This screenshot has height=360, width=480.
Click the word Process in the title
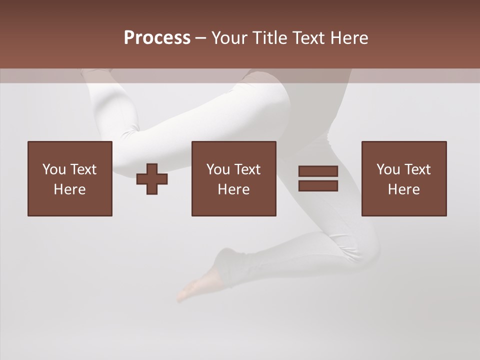point(157,38)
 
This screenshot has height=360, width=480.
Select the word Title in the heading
point(269,38)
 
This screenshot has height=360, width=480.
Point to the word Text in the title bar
point(309,38)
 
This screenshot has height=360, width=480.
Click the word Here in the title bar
point(350,38)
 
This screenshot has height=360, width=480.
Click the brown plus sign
point(152,179)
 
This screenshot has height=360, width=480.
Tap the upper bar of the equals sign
point(318,171)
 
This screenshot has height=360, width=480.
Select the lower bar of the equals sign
point(318,186)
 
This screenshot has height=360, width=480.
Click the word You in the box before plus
point(53,169)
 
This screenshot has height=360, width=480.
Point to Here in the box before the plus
point(70,189)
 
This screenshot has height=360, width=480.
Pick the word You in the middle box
point(218,169)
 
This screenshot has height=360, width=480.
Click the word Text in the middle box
point(247,169)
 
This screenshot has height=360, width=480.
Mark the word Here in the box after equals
point(404,189)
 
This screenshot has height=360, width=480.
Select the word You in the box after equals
point(388,169)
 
